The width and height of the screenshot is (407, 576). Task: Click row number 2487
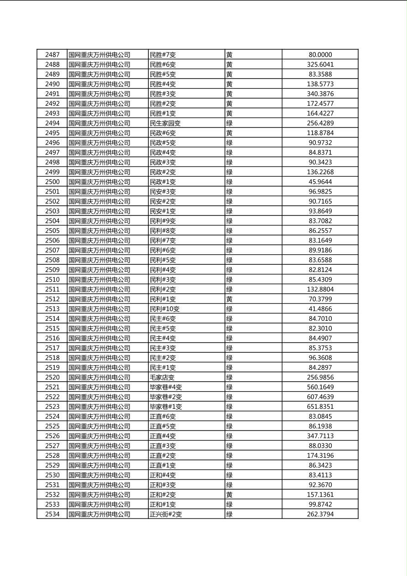click(x=52, y=55)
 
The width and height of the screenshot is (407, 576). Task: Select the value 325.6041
click(x=320, y=64)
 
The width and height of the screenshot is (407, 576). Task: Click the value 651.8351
click(x=320, y=407)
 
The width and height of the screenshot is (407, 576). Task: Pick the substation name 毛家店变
click(x=162, y=377)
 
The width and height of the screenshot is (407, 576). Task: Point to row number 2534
click(x=52, y=514)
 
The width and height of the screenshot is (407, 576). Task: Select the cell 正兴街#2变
click(x=166, y=514)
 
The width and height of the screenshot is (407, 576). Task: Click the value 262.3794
click(x=320, y=514)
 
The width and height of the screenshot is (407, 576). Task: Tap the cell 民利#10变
click(x=164, y=309)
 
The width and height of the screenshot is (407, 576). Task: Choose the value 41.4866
click(x=320, y=309)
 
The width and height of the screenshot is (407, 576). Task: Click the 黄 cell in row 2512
click(x=229, y=299)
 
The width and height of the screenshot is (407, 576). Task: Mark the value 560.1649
click(x=320, y=387)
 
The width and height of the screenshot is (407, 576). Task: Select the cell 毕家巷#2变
click(x=166, y=397)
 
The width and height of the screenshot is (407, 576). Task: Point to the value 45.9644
click(x=320, y=182)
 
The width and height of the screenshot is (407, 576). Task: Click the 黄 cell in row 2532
click(x=229, y=495)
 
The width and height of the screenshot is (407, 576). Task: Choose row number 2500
click(x=52, y=182)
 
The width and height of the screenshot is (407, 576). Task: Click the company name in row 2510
click(x=99, y=280)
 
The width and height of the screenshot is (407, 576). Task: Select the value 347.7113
click(x=320, y=436)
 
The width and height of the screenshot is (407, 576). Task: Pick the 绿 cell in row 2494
click(x=229, y=123)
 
